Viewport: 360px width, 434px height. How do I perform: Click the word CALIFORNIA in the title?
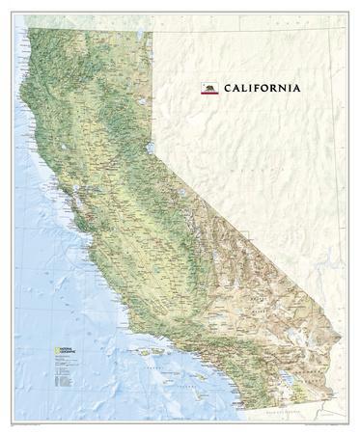[262, 89]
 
